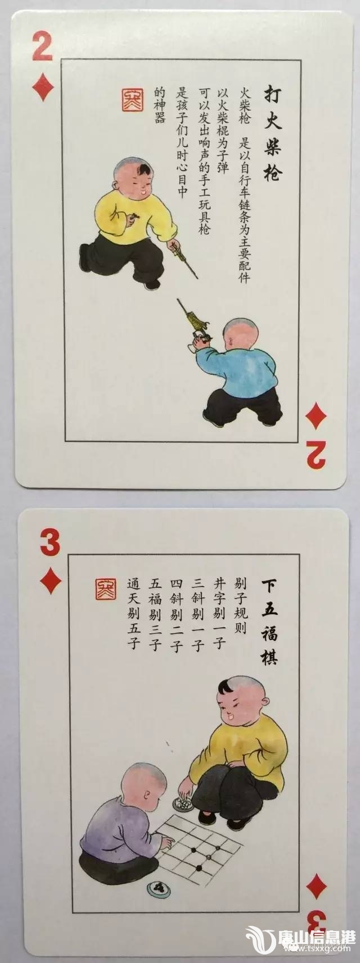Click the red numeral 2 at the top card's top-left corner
[x=43, y=47]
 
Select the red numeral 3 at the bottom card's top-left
[x=50, y=543]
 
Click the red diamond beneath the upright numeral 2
[x=43, y=87]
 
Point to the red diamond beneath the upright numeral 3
[x=50, y=580]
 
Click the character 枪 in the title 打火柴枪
[x=272, y=170]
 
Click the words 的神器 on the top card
[x=160, y=105]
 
